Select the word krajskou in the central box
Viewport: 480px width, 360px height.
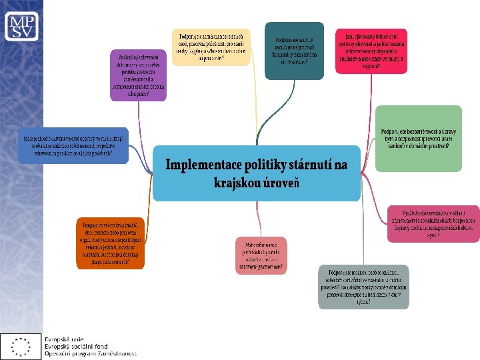[x=241, y=182]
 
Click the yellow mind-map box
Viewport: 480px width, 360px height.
[x=211, y=47]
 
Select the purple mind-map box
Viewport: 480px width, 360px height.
[x=139, y=74]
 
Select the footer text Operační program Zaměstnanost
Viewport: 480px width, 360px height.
[x=90, y=353]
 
